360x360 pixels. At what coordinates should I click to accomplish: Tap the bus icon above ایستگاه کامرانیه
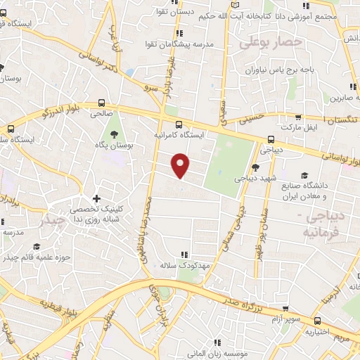coord(179,121)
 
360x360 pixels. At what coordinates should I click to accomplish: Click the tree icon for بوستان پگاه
coord(113,134)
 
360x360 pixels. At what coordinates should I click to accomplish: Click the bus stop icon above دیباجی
coord(271,139)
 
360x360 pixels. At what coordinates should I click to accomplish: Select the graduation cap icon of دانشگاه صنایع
coord(304,176)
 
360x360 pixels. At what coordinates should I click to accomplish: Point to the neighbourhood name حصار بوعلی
coord(270,43)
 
